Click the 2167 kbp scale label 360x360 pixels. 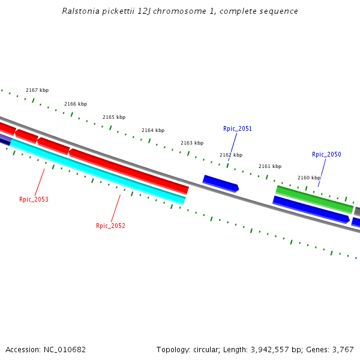pyautogui.click(x=37, y=91)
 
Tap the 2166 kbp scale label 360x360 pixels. pyautogui.click(x=76, y=104)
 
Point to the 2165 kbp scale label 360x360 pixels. pyautogui.click(x=114, y=118)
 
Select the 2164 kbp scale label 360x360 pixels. pyautogui.click(x=153, y=131)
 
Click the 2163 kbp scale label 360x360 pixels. pyautogui.click(x=192, y=143)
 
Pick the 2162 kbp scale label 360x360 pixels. pyautogui.click(x=231, y=155)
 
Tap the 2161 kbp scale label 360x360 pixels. pyautogui.click(x=270, y=167)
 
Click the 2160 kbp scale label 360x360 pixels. pyautogui.click(x=309, y=178)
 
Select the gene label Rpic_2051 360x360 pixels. pyautogui.click(x=238, y=129)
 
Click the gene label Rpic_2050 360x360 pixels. pyautogui.click(x=326, y=155)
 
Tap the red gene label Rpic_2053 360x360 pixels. pyautogui.click(x=34, y=200)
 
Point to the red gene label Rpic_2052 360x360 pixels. pyautogui.click(x=110, y=226)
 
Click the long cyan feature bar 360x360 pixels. pyautogui.click(x=96, y=170)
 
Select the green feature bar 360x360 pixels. pyautogui.click(x=314, y=200)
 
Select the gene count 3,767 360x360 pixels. pyautogui.click(x=343, y=350)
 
